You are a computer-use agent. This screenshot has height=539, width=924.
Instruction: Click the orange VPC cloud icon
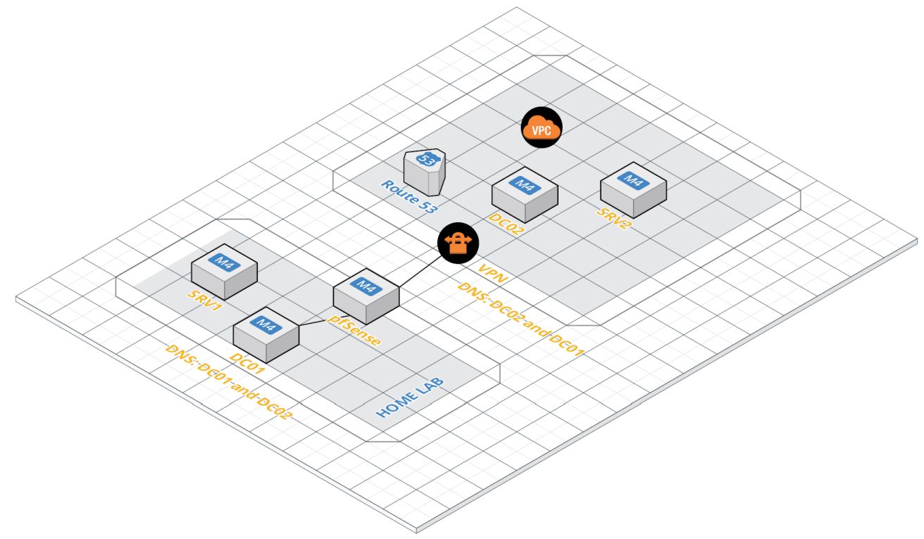[x=541, y=127]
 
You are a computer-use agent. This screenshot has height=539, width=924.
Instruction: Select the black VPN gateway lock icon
[x=458, y=243]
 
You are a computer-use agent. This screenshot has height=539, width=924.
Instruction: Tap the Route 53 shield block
[x=425, y=172]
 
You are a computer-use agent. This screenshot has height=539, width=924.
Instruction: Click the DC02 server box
[x=525, y=195]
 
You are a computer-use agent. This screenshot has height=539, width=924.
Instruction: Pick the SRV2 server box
[x=633, y=189]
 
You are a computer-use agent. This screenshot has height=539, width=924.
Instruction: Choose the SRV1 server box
[x=224, y=272]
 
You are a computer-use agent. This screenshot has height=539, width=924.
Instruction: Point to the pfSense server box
[x=366, y=296]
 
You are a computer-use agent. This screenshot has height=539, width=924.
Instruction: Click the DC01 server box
[x=266, y=335]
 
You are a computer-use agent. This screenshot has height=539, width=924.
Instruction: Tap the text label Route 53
[x=408, y=196]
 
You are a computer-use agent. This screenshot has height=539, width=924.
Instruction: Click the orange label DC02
[x=506, y=224]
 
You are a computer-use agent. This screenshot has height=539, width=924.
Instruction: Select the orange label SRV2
[x=614, y=218]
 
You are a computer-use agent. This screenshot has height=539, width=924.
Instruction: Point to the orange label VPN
[x=492, y=274]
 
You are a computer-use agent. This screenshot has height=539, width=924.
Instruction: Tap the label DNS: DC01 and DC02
[x=228, y=382]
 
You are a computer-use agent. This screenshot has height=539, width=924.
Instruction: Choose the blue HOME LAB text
[x=410, y=398]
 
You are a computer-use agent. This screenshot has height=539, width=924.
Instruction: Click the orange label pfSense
[x=354, y=331]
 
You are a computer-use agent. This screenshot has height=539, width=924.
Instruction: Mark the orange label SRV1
[x=204, y=300]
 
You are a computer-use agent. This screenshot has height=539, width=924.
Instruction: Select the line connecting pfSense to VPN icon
[x=420, y=271]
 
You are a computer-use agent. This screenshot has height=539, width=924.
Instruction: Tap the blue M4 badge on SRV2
[x=633, y=180]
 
